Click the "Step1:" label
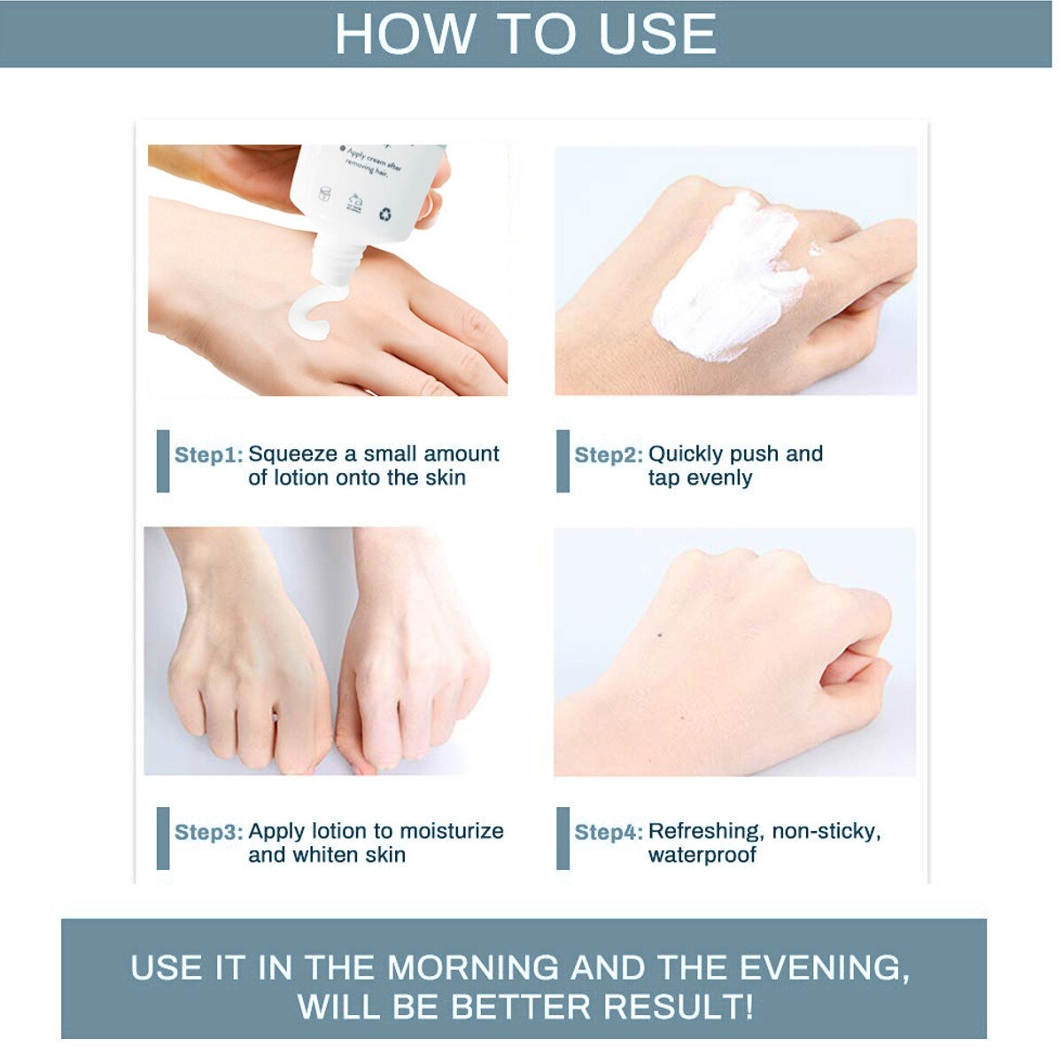[x=208, y=455]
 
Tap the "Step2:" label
[x=609, y=455]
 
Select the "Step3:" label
[x=208, y=833]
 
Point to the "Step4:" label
[x=609, y=833]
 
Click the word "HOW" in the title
[x=405, y=35]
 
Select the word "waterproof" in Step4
[x=702, y=856]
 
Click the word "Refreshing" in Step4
[x=705, y=832]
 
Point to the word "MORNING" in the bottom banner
[x=473, y=968]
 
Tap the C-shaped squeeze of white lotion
[x=310, y=314]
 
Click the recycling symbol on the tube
[x=385, y=213]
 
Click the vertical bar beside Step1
[x=163, y=462]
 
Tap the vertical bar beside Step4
[x=563, y=838]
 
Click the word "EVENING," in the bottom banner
[x=824, y=968]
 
